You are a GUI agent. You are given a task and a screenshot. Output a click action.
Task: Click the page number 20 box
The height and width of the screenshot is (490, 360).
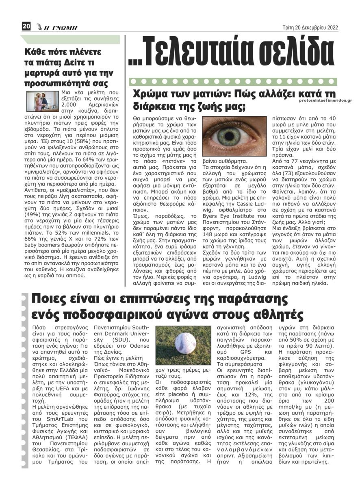(26, 27)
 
